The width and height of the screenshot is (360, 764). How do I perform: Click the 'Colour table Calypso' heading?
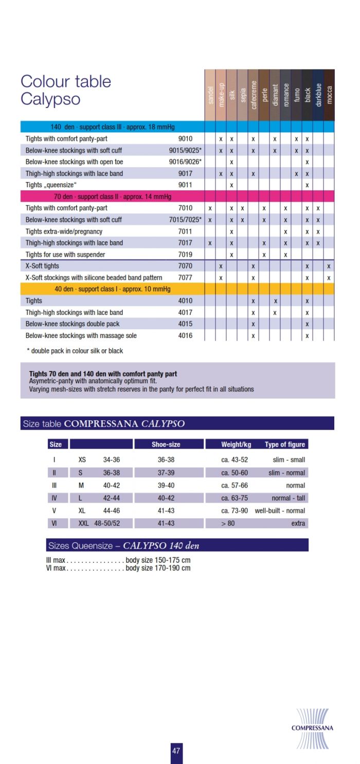[x=66, y=90]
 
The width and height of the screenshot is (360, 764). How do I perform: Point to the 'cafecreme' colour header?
[x=254, y=93]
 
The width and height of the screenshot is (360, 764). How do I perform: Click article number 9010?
[x=185, y=139]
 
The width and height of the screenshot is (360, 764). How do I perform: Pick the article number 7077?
[x=185, y=278]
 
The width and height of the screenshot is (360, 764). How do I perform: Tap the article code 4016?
[x=185, y=335]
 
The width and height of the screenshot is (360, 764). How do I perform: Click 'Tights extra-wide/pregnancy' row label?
[x=64, y=232]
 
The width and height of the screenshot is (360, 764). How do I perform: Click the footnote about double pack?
[x=75, y=351]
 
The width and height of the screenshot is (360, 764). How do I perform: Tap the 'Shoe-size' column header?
[x=166, y=445]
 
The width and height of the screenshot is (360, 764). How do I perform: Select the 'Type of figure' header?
[x=284, y=445]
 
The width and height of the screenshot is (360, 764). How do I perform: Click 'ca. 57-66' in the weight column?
[x=235, y=485]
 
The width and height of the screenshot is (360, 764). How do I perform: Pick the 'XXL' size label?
[x=83, y=523]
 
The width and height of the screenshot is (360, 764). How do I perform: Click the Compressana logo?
[x=312, y=727]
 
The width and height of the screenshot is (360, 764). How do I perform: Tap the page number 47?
[x=176, y=751]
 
